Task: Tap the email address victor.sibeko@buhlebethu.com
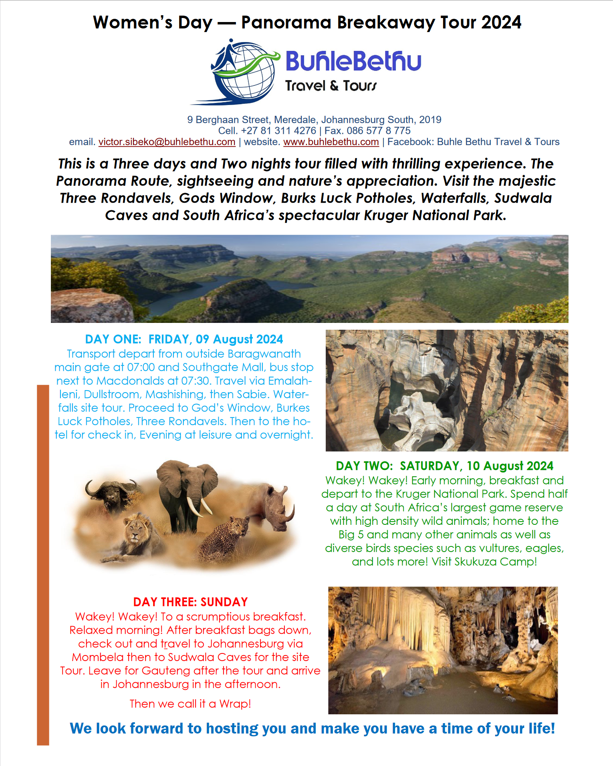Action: click(167, 142)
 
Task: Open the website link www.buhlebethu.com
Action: click(331, 142)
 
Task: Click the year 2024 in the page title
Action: click(501, 22)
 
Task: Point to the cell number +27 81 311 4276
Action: click(278, 131)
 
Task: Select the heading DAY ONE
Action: click(113, 339)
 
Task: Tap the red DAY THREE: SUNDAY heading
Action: click(190, 602)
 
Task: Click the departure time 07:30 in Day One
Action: click(198, 381)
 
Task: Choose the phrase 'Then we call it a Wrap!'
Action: click(190, 704)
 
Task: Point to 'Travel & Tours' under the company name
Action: click(331, 86)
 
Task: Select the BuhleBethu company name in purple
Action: click(353, 61)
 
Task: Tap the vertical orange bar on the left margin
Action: click(43, 561)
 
